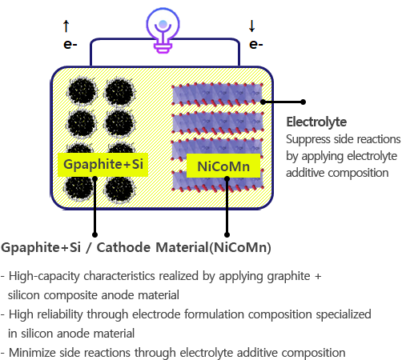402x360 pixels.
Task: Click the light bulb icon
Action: click(x=163, y=30)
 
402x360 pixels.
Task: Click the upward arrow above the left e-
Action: click(x=66, y=26)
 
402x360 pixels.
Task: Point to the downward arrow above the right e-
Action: click(x=251, y=26)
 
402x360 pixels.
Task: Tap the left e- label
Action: click(x=70, y=44)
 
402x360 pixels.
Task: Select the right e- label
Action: click(x=255, y=44)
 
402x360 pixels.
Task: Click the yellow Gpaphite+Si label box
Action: click(x=103, y=165)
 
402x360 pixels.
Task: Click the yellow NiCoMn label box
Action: click(x=223, y=166)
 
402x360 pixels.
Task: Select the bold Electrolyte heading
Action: click(x=316, y=122)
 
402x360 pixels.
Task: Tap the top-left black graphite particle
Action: click(x=82, y=92)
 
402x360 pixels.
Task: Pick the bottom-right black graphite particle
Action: click(x=120, y=189)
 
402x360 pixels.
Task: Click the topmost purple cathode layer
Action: click(x=217, y=94)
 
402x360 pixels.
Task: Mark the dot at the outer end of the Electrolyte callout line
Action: click(x=303, y=102)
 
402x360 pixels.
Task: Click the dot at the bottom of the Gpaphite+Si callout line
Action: click(x=94, y=234)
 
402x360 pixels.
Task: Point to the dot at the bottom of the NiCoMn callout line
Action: click(x=227, y=234)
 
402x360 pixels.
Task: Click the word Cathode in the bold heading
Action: click(x=123, y=247)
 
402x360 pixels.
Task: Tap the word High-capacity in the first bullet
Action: click(x=44, y=277)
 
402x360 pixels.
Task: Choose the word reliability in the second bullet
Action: click(x=60, y=314)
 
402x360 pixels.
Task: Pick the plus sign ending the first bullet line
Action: click(x=318, y=277)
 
